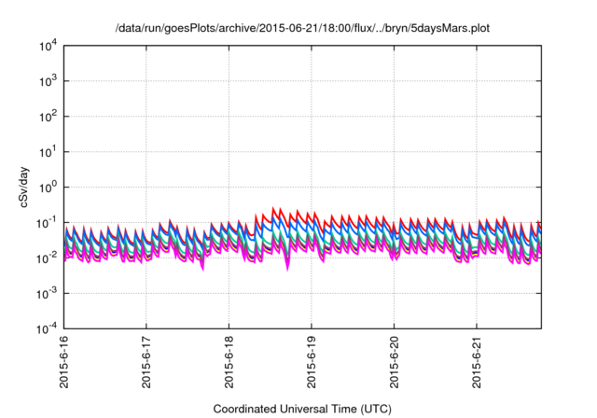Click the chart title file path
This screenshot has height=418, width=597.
point(301,29)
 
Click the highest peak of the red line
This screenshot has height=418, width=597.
point(273,207)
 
